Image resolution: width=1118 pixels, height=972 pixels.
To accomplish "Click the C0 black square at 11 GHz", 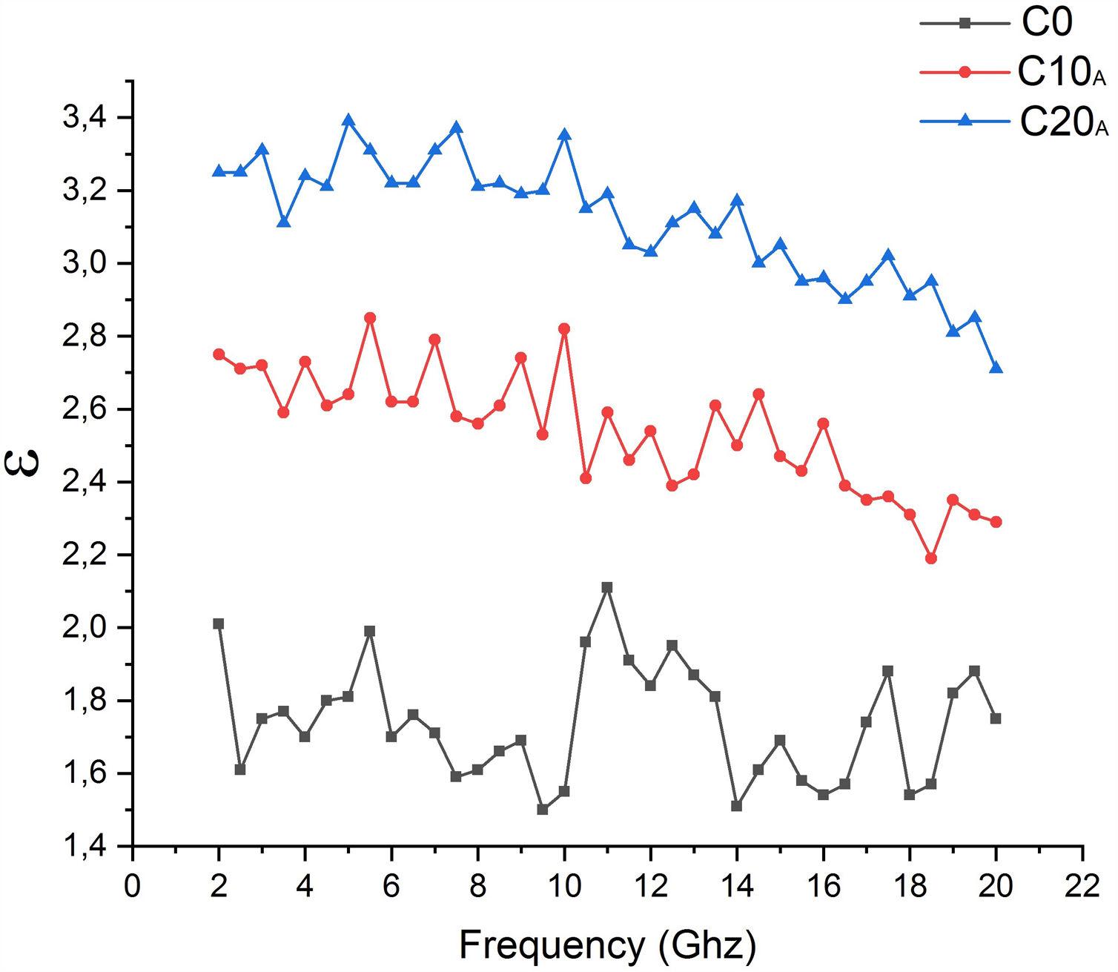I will click(607, 587).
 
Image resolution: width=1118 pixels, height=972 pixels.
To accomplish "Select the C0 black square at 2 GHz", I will click(219, 624).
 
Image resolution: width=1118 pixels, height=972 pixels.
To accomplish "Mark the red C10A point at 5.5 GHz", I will click(370, 318).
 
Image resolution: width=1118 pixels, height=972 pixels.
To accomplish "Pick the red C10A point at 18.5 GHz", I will click(931, 558).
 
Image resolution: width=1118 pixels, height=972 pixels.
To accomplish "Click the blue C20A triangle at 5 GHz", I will click(348, 121).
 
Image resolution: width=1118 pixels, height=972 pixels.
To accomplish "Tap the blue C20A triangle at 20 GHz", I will click(996, 368).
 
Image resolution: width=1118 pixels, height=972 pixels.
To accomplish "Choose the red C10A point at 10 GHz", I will click(564, 328).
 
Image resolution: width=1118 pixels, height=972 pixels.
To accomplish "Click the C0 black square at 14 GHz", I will click(737, 806).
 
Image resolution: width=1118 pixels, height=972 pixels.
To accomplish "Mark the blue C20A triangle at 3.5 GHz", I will click(284, 222).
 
